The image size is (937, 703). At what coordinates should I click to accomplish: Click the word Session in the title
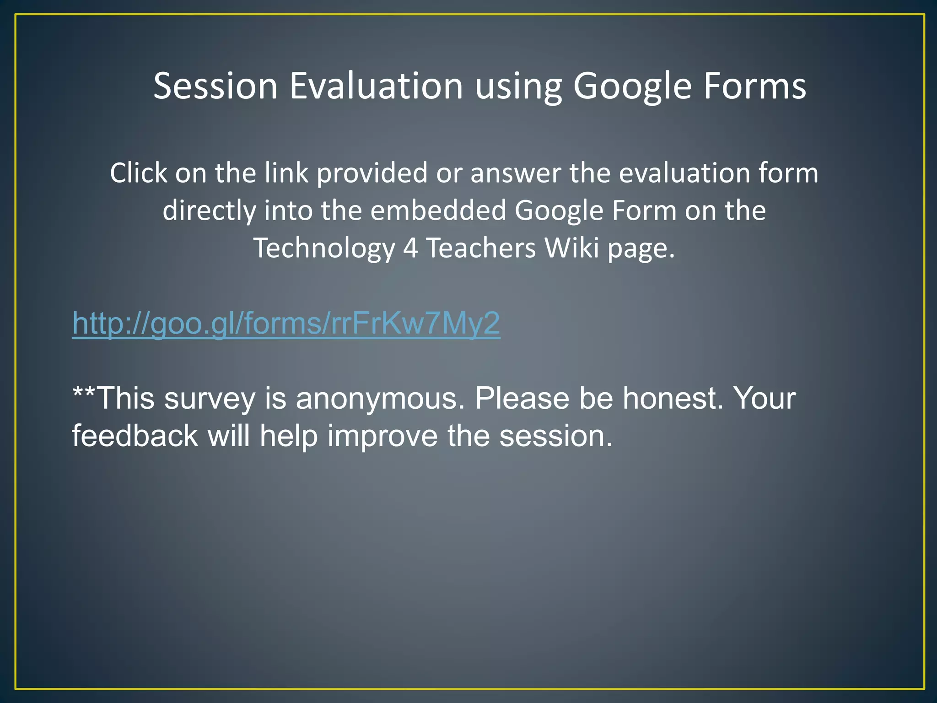point(215,86)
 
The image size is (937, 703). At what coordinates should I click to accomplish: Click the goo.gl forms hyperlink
point(286,324)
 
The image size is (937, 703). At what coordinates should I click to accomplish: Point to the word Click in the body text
point(139,173)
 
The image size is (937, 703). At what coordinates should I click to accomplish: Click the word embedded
point(438,211)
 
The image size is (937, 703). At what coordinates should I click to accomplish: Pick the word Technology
point(324,249)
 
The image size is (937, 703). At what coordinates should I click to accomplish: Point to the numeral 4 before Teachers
point(410,249)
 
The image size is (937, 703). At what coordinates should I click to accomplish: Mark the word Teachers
point(481,249)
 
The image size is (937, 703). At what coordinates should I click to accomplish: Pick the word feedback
point(135,436)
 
